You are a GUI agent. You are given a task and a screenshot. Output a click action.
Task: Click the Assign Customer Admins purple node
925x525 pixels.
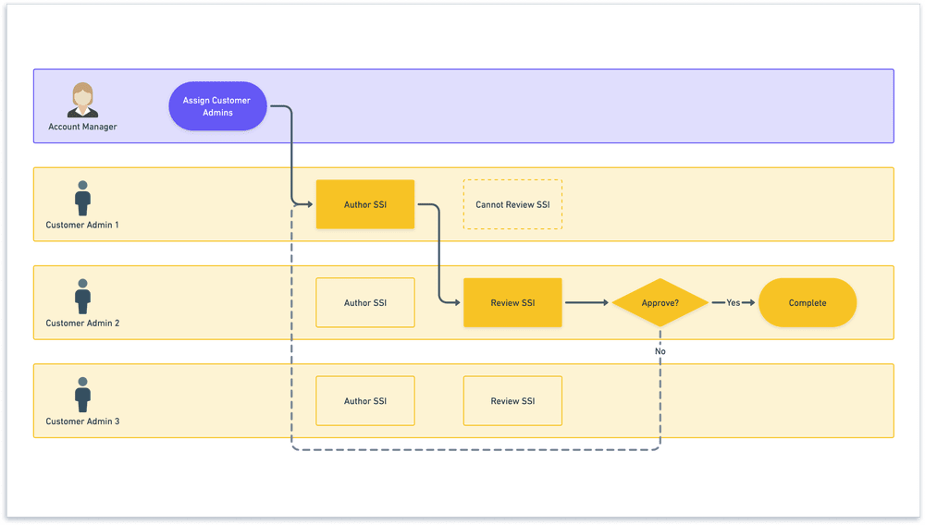coord(216,106)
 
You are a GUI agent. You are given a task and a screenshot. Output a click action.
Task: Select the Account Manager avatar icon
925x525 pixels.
coord(82,100)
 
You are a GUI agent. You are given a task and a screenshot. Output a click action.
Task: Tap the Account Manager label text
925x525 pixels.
coord(82,127)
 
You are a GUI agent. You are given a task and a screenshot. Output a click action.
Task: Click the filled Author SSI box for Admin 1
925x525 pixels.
coord(364,204)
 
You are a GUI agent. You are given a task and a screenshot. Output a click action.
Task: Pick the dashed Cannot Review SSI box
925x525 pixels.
coord(512,204)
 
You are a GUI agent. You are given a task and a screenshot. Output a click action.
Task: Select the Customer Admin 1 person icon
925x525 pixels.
coord(82,198)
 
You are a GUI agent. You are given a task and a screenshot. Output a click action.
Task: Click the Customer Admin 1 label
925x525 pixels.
coord(82,225)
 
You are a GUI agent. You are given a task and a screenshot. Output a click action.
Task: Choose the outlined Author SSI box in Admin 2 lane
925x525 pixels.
coord(364,302)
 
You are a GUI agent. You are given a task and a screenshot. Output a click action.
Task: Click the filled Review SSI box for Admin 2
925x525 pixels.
coord(512,302)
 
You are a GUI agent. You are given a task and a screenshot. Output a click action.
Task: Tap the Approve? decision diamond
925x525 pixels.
coord(660,302)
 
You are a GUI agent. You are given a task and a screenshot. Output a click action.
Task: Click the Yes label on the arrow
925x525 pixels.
coord(733,302)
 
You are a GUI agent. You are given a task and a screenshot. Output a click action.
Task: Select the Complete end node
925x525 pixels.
coord(807,302)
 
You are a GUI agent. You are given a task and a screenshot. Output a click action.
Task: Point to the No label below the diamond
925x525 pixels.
coord(660,351)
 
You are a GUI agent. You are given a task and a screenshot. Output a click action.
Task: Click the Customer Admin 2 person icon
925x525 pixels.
coord(82,296)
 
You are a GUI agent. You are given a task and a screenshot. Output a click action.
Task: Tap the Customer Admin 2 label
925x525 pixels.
coord(82,324)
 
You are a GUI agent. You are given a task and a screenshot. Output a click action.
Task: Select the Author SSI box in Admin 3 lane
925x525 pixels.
coord(364,401)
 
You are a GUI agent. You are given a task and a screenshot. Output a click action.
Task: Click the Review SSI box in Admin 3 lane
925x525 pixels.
coord(512,401)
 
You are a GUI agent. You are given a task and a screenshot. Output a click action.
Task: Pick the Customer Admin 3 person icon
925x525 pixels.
coord(82,394)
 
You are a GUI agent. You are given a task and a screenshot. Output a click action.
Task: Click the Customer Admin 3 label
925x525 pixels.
coord(82,421)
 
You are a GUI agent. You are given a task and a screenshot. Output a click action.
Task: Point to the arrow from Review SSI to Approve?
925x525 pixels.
coord(586,302)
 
